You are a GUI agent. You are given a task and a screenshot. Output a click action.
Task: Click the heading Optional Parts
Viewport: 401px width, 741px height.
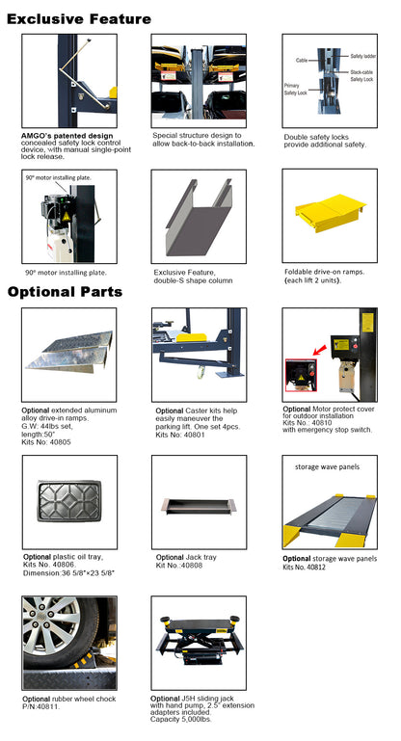[x=65, y=291]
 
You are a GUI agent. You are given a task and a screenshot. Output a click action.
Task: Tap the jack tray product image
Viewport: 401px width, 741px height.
[x=197, y=506]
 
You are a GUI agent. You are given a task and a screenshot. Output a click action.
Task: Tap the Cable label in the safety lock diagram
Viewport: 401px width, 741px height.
[x=301, y=61]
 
